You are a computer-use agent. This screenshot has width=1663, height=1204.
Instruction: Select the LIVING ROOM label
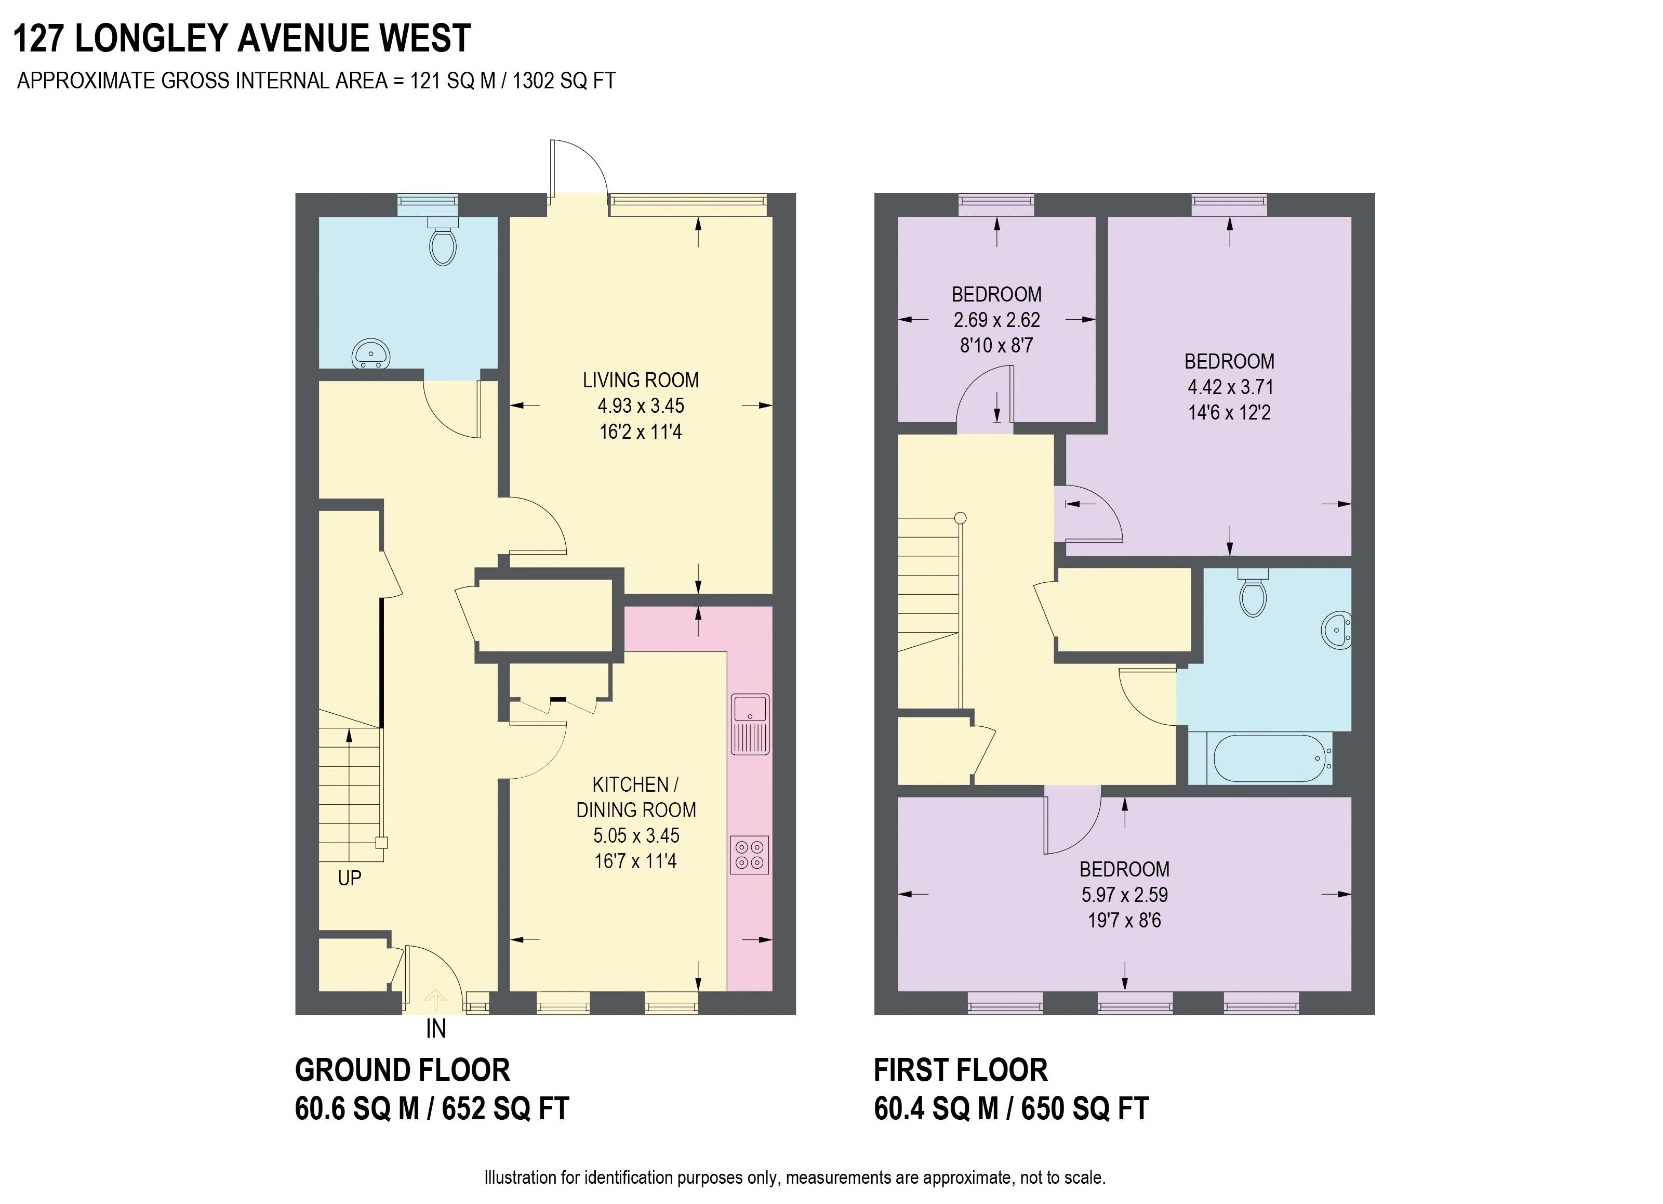(640, 380)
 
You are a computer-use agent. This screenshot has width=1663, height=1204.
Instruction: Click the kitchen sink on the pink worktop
(749, 724)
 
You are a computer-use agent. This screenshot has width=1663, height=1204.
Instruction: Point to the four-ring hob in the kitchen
(749, 855)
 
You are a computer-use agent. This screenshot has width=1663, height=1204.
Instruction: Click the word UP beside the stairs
(349, 878)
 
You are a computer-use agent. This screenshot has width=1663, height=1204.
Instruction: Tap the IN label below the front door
(435, 1029)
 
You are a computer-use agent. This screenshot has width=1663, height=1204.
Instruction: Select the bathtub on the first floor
(1271, 758)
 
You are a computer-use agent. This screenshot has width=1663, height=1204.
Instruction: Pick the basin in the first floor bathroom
(1337, 630)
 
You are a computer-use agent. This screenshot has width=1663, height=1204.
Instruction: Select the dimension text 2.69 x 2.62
(996, 320)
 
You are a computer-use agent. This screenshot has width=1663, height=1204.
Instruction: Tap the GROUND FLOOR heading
(402, 1070)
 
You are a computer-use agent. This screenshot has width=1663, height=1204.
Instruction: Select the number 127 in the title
(38, 39)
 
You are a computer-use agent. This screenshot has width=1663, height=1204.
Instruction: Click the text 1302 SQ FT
(563, 81)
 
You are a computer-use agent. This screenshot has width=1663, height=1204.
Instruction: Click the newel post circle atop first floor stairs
(961, 518)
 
